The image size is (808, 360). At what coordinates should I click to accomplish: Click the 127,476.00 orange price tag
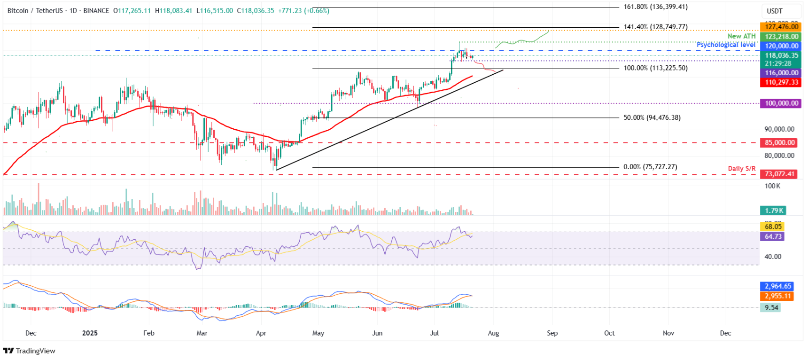click(x=781, y=27)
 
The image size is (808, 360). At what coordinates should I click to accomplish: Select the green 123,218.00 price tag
click(x=781, y=36)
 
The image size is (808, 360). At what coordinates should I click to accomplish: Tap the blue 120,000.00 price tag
click(x=781, y=46)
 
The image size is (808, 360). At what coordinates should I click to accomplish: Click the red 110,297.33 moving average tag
click(x=781, y=82)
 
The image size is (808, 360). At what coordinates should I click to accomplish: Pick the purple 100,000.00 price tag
click(x=781, y=103)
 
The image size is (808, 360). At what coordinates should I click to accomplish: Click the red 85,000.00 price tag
click(x=779, y=142)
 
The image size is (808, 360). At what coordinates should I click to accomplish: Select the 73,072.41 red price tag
click(x=779, y=174)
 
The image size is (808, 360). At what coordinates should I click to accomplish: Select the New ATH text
click(x=741, y=36)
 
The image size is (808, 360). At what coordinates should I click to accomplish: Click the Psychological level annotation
click(x=726, y=45)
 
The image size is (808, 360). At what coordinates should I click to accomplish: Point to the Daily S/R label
click(x=741, y=168)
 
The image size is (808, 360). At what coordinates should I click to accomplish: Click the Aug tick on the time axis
click(x=493, y=333)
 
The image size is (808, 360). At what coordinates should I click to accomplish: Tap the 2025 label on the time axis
click(x=90, y=333)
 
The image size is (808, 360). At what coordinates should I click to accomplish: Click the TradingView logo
click(x=29, y=351)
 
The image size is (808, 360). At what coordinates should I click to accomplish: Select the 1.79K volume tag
click(x=773, y=211)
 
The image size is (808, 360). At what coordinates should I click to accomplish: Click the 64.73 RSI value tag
click(x=773, y=236)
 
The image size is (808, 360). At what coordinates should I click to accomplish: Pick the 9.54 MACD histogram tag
click(x=771, y=308)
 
